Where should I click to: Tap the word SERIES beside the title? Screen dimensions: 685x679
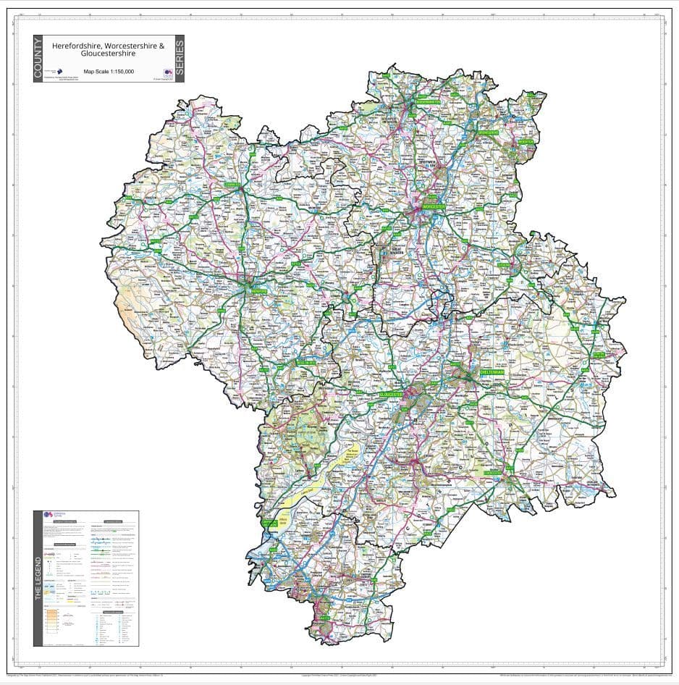coord(179,59)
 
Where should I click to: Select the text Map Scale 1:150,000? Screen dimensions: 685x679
coord(109,72)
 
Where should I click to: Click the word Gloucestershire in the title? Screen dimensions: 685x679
coord(109,54)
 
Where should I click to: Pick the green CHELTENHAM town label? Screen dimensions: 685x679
coord(494,372)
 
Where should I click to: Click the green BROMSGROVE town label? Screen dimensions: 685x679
coord(489,133)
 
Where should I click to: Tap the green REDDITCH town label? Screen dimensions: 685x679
coord(526,142)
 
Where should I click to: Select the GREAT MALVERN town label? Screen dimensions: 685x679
coord(396,250)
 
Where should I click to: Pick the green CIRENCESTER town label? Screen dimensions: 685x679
coord(494,471)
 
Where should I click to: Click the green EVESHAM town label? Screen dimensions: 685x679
coord(505,265)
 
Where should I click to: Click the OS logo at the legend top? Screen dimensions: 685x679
coord(49,513)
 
